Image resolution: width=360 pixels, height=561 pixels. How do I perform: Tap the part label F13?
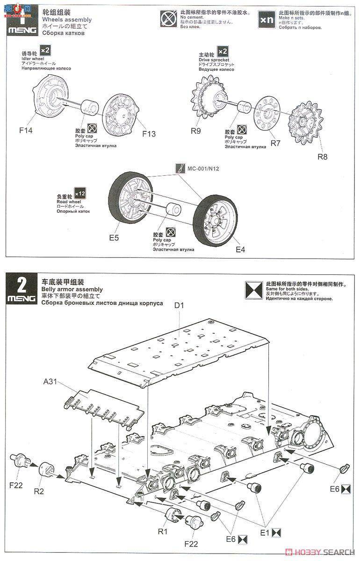[149, 134]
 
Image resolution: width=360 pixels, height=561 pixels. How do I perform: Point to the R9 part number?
[196, 131]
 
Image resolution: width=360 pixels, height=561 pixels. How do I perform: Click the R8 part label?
[323, 157]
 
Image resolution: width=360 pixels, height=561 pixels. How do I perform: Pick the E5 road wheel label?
[114, 237]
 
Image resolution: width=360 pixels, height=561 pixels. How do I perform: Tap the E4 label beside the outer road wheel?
[240, 249]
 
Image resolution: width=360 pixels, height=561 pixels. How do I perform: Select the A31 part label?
[50, 381]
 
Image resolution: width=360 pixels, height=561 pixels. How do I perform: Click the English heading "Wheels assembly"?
[66, 20]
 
